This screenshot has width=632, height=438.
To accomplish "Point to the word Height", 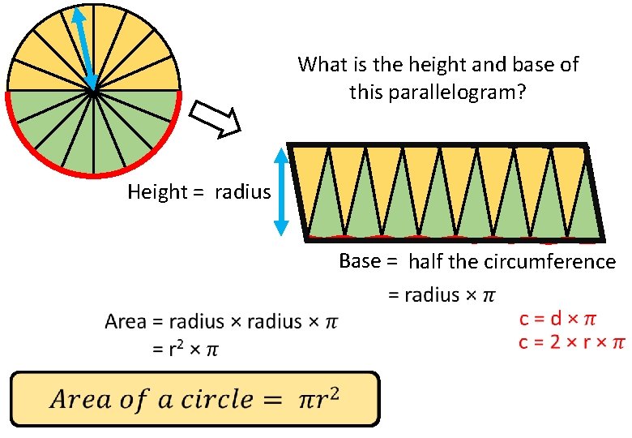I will coord(157,192).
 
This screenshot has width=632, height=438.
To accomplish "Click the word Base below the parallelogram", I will coord(357,261).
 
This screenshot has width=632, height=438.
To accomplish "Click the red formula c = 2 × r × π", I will coord(571,342).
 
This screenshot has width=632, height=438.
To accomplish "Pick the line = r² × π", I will coord(186,350).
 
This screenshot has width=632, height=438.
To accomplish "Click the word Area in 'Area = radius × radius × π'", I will coord(126,322).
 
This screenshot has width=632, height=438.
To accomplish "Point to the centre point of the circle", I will coord(94,90).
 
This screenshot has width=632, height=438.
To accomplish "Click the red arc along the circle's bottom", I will coord(94,174).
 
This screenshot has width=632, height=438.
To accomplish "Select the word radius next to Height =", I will coord(243,192).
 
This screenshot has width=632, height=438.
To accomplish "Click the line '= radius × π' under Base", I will coord(441,294).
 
